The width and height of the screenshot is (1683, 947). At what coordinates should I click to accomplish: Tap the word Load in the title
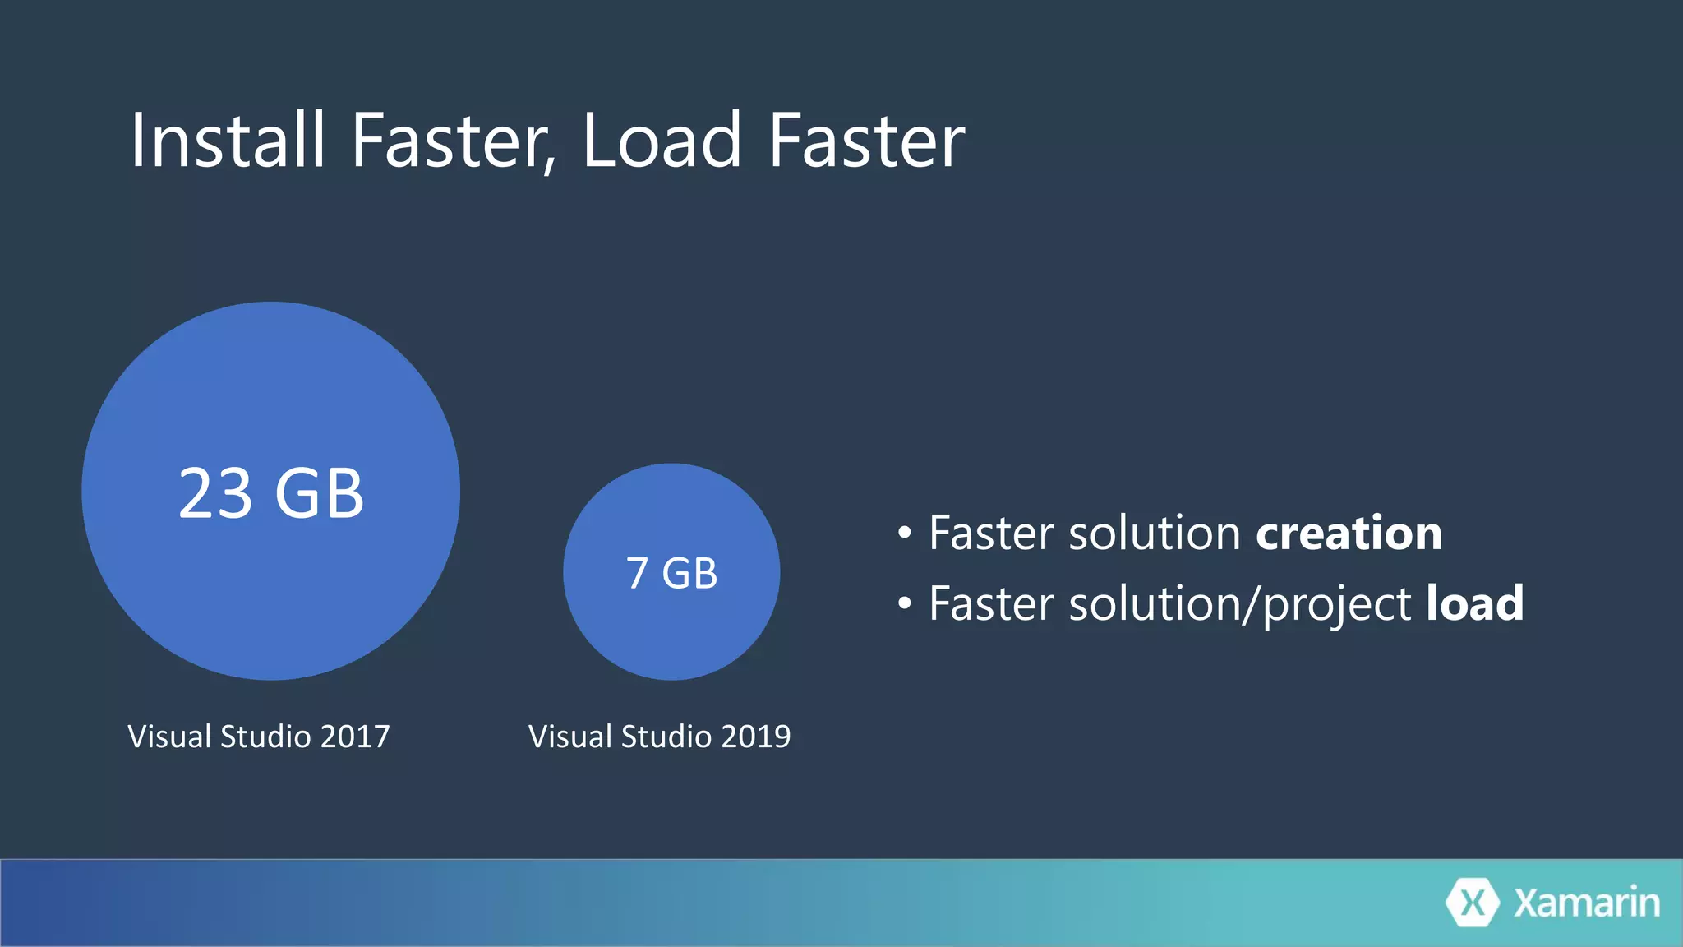662,141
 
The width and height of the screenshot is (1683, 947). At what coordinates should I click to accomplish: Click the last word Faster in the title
867,141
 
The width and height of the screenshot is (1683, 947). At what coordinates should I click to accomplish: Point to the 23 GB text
271,493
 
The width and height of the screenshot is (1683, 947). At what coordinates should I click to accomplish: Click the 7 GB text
671,573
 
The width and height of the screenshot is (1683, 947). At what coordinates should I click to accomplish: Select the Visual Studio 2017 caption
259,737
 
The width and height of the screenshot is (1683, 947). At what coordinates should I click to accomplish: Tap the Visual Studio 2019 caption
659,737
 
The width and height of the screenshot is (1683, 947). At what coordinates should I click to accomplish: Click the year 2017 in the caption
355,737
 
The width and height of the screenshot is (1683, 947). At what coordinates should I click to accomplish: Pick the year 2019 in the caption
755,737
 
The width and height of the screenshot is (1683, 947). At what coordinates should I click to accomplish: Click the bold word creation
1349,534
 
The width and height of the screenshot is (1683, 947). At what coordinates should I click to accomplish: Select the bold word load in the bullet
1474,603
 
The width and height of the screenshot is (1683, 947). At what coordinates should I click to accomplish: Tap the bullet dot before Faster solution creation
905,534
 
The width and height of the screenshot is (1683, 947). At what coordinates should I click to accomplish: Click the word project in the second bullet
1336,605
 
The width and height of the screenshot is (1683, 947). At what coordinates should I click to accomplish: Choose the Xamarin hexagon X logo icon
1473,903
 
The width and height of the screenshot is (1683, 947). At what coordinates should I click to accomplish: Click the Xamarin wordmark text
1586,903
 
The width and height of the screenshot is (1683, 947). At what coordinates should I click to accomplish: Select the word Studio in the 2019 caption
666,737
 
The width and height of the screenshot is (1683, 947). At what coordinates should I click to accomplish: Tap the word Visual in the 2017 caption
169,737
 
